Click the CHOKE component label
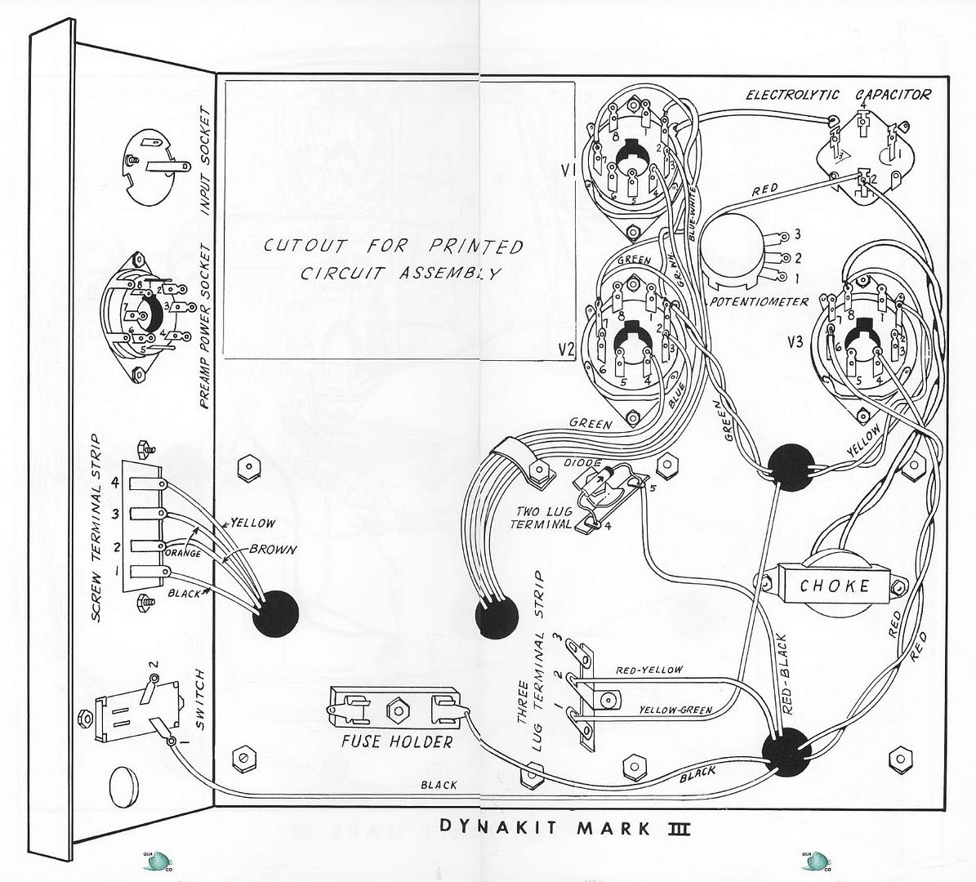(x=834, y=585)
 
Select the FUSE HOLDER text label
(x=398, y=742)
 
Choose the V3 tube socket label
(x=804, y=342)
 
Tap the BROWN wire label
(x=273, y=550)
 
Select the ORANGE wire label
(x=186, y=552)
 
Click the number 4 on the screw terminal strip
(x=115, y=483)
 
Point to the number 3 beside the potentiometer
(x=797, y=235)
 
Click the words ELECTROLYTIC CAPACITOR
(x=838, y=95)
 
